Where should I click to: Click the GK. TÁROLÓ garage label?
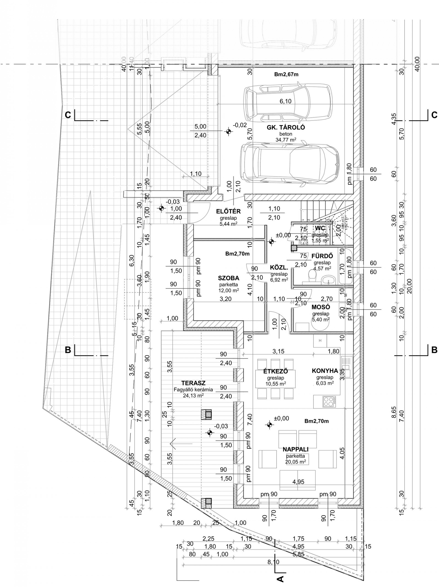pos(282,127)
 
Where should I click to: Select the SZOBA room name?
pos(228,278)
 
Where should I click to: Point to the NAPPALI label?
pos(295,450)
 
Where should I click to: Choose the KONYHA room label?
pos(325,371)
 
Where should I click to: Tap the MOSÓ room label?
pos(321,307)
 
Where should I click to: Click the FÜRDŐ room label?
pos(322,256)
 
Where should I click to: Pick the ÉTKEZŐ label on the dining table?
pos(276,372)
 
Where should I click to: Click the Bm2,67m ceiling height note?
pos(286,75)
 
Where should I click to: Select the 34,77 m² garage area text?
pos(285,140)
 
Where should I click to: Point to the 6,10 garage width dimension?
pos(285,101)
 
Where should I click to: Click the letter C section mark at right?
pos(434,115)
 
